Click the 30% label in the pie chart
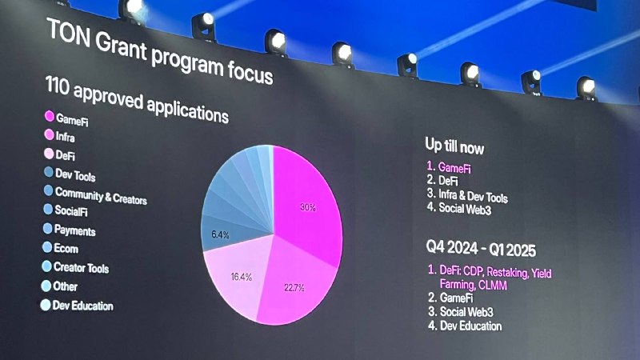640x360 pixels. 308,207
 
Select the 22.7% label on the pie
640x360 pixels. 294,288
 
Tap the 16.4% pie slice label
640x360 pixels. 242,277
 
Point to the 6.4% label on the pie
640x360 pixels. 220,234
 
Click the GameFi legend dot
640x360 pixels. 50,116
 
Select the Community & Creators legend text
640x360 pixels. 101,195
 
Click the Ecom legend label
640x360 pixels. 66,249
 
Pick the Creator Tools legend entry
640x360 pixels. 82,268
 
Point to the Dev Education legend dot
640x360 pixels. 46,305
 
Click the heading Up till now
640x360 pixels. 454,146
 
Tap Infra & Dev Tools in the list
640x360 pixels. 473,195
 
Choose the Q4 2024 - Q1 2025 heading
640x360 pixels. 481,248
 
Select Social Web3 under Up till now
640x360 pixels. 465,209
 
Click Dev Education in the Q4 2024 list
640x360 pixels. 470,326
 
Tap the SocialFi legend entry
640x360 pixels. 71,210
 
